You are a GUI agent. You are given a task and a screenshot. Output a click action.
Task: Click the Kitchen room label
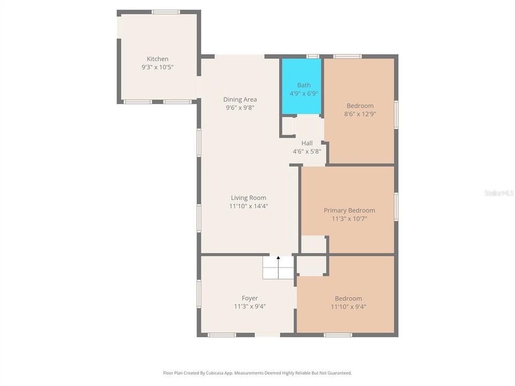[x=158, y=59]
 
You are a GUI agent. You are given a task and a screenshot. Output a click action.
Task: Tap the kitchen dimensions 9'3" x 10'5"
[x=158, y=68]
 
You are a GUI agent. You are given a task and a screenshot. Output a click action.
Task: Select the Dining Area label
[x=240, y=99]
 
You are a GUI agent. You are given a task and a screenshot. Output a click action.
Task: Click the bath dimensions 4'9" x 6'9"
[x=304, y=93]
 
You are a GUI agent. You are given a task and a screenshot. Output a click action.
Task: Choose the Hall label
[x=307, y=143]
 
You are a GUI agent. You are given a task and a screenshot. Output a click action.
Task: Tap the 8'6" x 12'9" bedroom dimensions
[x=360, y=114]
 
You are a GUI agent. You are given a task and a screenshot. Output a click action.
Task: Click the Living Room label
[x=248, y=198]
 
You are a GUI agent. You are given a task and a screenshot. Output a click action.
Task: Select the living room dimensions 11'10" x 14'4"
[x=248, y=206]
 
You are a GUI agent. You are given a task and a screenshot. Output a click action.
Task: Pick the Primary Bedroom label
[x=349, y=210]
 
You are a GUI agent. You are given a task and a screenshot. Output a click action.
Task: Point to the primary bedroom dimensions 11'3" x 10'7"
[x=349, y=219]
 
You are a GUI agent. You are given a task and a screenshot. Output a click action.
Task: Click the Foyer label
[x=249, y=298]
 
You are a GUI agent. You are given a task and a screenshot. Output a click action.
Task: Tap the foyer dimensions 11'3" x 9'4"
[x=249, y=307]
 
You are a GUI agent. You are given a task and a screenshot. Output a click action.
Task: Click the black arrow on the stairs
[x=278, y=258]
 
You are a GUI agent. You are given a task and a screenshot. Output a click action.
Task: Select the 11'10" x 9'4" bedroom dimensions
[x=348, y=307]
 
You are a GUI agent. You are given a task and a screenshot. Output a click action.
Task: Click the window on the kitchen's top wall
[x=165, y=12]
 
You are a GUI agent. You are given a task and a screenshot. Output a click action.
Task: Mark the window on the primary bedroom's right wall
[x=396, y=206]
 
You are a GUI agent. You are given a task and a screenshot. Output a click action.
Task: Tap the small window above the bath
[x=312, y=56]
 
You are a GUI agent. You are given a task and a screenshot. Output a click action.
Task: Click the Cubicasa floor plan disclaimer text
[x=257, y=373]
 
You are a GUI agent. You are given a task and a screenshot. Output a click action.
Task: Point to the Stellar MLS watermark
[x=498, y=192]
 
